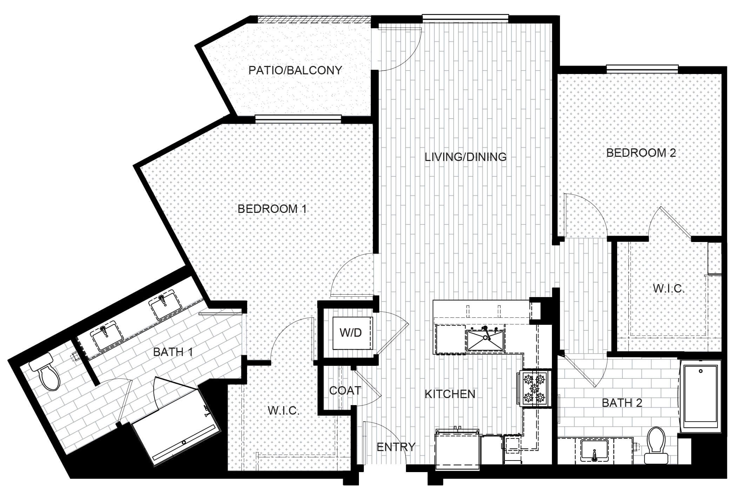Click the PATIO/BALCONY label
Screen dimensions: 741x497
pos(295,70)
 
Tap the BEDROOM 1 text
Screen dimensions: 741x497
pos(272,209)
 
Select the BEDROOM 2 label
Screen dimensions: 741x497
pos(641,153)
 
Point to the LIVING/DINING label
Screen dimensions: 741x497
pos(466,157)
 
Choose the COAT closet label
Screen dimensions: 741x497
pos(345,390)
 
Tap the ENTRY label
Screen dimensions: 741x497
pos(396,447)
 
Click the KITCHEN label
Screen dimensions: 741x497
pos(450,394)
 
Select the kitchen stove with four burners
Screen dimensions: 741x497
pos(534,389)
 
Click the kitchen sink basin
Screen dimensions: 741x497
pos(485,340)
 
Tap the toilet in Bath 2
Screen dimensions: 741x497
pos(655,445)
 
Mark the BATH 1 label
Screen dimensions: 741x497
pos(173,352)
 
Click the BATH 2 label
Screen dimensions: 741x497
pos(622,403)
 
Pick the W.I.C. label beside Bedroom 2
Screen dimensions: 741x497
pos(669,289)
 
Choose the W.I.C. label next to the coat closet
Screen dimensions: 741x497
pos(283,410)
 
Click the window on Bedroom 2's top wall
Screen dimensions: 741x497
pos(642,69)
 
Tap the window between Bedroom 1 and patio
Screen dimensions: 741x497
pos(298,119)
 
